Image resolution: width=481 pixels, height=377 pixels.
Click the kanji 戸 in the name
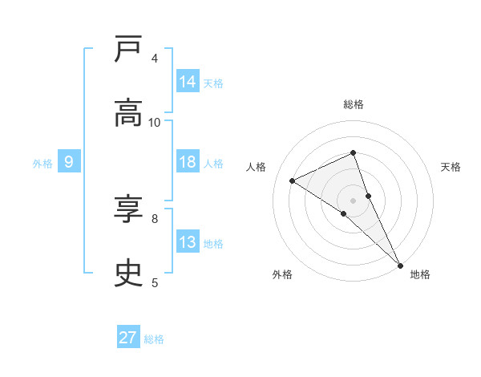[x=128, y=50]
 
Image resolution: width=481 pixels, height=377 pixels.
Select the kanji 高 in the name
[x=128, y=113]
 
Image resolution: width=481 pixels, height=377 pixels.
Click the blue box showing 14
[x=188, y=82]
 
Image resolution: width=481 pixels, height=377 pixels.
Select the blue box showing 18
[x=188, y=162]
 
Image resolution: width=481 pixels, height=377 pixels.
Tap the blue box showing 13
[x=188, y=242]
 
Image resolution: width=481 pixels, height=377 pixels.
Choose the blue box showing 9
[x=69, y=162]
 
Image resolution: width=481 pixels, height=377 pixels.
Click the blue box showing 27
[x=128, y=338]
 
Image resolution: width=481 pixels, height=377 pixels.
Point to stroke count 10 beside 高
[x=155, y=122]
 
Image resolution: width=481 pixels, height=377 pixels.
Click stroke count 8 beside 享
[x=155, y=218]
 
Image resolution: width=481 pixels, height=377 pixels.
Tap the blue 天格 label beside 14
[x=213, y=83]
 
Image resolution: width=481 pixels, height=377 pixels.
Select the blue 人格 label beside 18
[x=213, y=163]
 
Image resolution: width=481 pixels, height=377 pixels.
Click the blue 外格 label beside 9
[x=42, y=163]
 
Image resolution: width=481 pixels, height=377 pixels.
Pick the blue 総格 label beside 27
[x=154, y=338]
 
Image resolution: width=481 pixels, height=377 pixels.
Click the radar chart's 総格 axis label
[x=354, y=104]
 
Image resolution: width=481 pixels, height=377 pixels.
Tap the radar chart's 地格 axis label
[x=420, y=274]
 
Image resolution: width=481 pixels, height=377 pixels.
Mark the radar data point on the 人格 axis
[x=293, y=180]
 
